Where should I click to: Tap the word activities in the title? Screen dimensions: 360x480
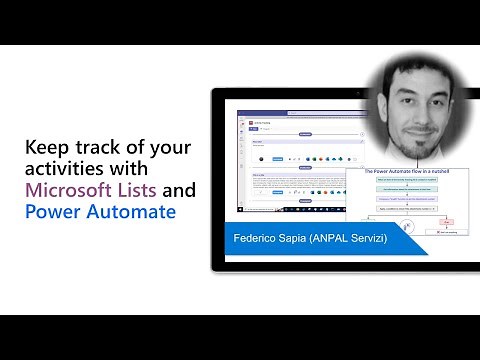click(62, 169)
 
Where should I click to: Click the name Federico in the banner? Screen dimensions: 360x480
click(257, 241)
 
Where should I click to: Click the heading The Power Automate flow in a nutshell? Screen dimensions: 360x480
click(400, 171)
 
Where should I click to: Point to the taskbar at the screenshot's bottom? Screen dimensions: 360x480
click(290, 213)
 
